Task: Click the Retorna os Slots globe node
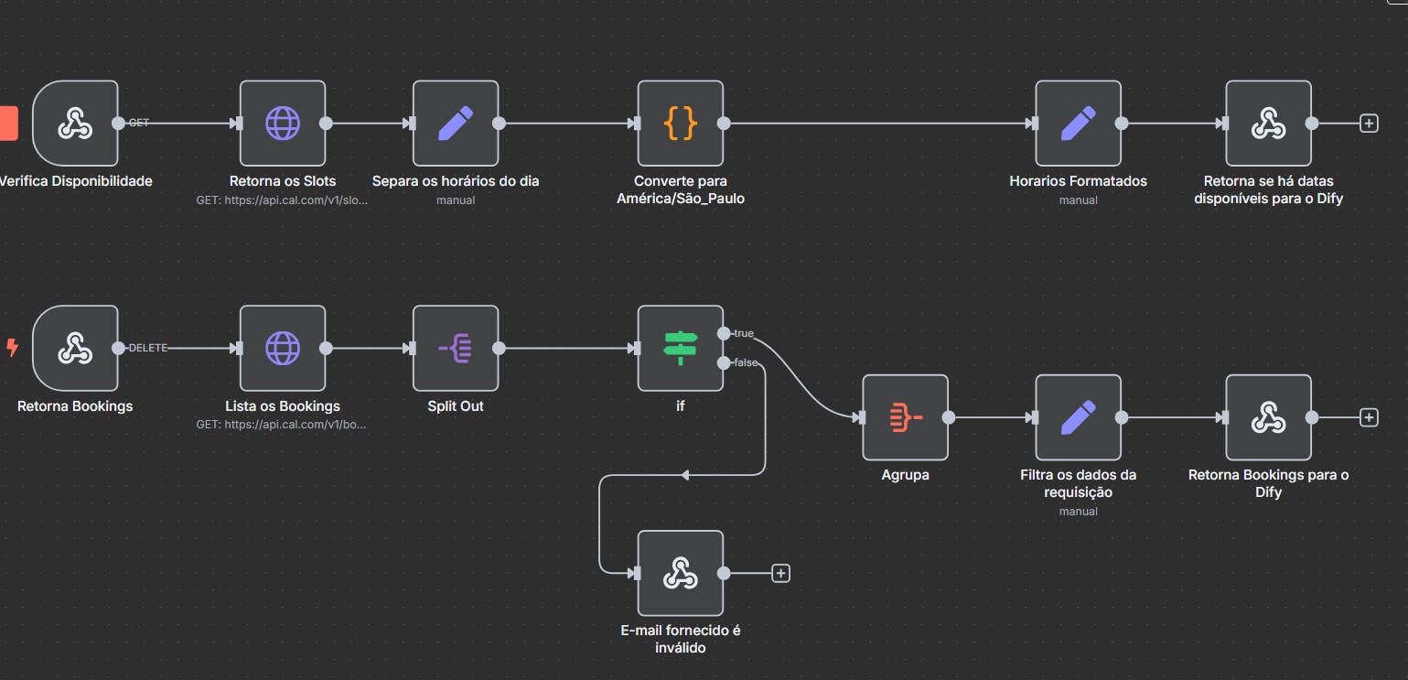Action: (x=283, y=123)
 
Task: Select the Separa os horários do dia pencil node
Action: (x=456, y=123)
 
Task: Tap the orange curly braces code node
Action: (x=680, y=123)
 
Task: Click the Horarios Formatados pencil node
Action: (x=1078, y=123)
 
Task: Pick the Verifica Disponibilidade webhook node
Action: (x=75, y=123)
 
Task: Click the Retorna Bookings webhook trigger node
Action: (x=75, y=348)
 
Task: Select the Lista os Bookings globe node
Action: (x=283, y=348)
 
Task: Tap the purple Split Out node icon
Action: (x=456, y=348)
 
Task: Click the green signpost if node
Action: (x=680, y=348)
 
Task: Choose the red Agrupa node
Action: (x=905, y=417)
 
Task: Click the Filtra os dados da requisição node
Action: (x=1078, y=417)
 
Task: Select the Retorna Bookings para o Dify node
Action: (x=1268, y=417)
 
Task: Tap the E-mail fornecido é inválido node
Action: (x=680, y=573)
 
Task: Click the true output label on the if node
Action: (x=744, y=333)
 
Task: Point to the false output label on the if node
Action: (x=746, y=363)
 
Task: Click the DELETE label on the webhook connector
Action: (x=148, y=348)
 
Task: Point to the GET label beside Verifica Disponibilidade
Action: (x=139, y=123)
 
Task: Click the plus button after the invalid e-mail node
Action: (x=780, y=573)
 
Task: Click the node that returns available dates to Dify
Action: (x=1268, y=123)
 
